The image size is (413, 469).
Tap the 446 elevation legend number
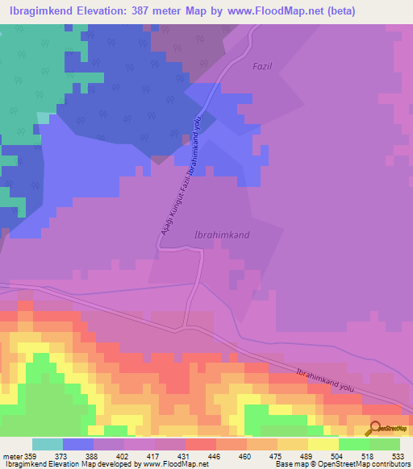(x=213, y=455)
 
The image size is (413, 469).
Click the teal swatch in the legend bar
(x=48, y=444)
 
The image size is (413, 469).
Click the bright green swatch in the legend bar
(x=354, y=444)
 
